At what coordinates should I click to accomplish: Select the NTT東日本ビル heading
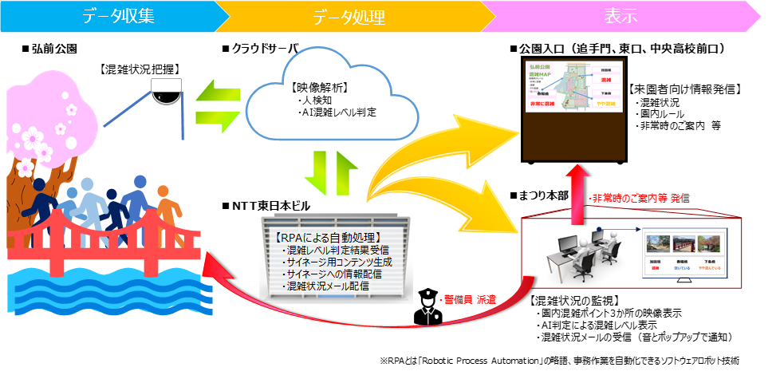point(266,207)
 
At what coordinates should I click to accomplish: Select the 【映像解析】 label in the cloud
point(323,88)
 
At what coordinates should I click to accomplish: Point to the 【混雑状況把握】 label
point(136,69)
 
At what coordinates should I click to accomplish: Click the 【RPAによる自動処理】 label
point(327,237)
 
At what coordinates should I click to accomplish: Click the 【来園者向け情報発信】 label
point(684,89)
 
